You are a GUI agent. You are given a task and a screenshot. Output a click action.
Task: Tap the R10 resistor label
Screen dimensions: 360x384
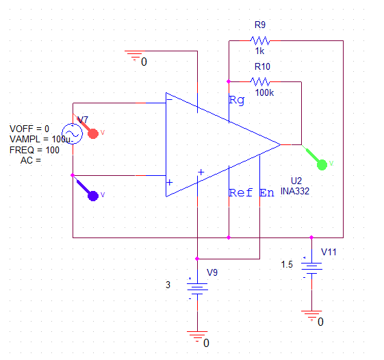[262, 67]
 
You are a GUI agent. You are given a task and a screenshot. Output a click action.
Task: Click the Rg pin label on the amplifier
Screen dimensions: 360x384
[236, 101]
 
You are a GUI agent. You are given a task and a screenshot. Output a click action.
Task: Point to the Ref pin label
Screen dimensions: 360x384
[240, 193]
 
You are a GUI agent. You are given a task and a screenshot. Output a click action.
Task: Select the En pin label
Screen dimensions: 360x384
[267, 193]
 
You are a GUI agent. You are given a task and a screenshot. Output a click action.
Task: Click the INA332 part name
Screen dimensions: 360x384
[295, 192]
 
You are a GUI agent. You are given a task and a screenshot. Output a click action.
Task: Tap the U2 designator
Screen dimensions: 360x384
[296, 180]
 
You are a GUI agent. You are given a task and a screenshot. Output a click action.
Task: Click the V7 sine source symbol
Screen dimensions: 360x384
[72, 133]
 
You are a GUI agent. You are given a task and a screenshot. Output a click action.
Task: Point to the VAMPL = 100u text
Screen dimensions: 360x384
[40, 139]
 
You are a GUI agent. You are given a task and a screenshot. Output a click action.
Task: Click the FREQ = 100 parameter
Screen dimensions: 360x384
[39, 149]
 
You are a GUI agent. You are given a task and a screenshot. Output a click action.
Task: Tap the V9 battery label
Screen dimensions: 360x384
[212, 272]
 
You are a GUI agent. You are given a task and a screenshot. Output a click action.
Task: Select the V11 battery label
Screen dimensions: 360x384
[329, 252]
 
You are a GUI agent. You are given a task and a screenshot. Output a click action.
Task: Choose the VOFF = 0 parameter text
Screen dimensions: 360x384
[29, 128]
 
